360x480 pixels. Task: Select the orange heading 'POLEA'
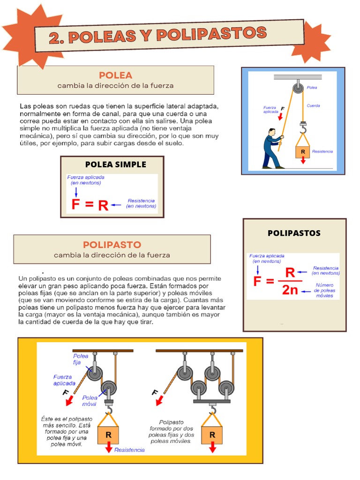point(115,75)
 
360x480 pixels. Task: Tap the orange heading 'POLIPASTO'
point(112,245)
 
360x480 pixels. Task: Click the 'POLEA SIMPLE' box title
point(115,164)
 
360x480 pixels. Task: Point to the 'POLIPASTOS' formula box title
point(294,233)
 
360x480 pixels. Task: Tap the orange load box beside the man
point(303,151)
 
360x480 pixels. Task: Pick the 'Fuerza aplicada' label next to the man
point(271,110)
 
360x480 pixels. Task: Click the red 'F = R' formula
point(90,205)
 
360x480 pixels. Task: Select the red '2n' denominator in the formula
point(290,290)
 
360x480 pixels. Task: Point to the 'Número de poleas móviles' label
point(324,291)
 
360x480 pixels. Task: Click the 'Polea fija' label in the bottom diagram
point(80,359)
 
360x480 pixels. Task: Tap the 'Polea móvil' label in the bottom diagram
point(90,400)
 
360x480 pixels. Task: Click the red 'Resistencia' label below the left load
point(129,450)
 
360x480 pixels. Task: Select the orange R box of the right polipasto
point(212,435)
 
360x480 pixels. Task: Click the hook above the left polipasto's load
point(109,410)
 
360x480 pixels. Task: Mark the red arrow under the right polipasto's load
point(212,448)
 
